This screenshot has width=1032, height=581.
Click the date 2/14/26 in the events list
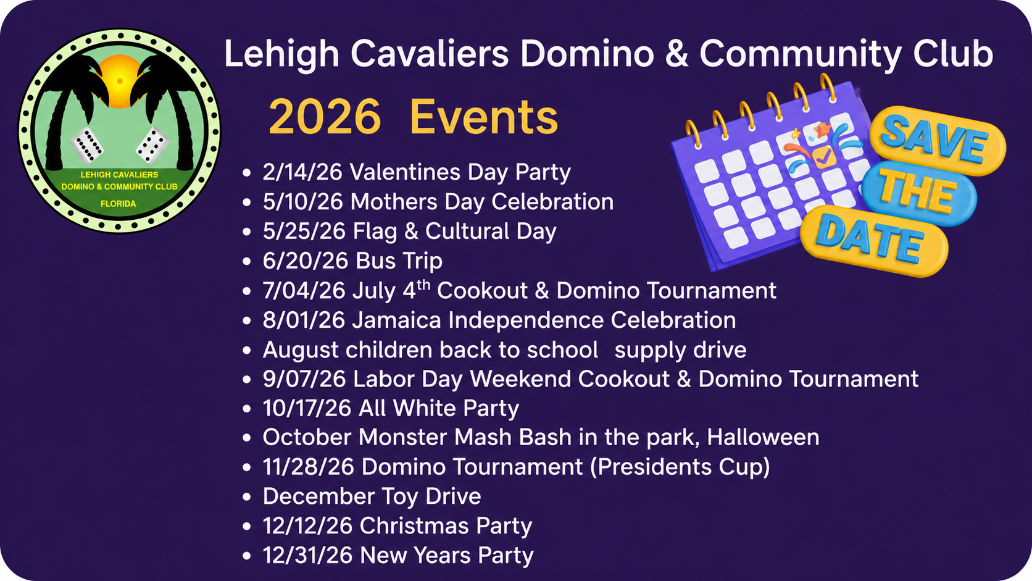click(x=302, y=172)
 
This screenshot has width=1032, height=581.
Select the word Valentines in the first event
click(x=405, y=172)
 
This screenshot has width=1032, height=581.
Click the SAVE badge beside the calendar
click(x=938, y=140)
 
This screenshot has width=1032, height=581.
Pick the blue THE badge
click(x=918, y=193)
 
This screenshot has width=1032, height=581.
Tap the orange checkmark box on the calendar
click(x=824, y=157)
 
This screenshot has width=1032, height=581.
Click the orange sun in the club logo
click(x=119, y=81)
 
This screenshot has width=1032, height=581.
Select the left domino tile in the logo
click(x=87, y=146)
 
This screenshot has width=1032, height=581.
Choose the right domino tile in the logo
click(x=152, y=146)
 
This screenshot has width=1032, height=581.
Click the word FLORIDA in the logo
click(x=119, y=204)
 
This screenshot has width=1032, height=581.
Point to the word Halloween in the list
click(x=763, y=437)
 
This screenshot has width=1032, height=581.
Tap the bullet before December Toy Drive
click(x=246, y=496)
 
